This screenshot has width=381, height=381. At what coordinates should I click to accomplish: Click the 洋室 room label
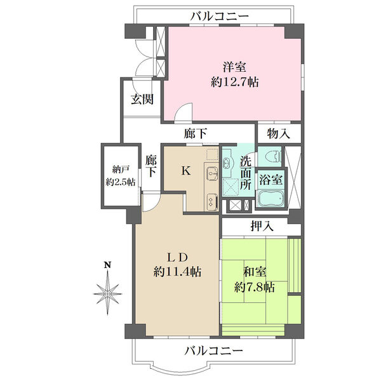pos(234,67)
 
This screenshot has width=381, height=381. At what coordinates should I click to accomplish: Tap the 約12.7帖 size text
pos(234,83)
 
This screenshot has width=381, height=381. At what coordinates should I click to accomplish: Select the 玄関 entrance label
pos(142,100)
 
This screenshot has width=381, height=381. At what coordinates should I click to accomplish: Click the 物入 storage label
pos(279,133)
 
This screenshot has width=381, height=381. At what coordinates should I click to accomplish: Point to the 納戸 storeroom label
pos(121,170)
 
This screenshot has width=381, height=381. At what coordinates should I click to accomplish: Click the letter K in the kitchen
pos(186,171)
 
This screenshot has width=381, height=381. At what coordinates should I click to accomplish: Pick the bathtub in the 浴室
pos(271,199)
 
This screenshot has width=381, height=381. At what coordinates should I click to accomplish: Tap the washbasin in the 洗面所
pos(227,163)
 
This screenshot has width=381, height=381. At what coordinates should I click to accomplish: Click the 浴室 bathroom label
pos(271,180)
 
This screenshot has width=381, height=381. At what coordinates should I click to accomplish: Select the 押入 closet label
pos(262,226)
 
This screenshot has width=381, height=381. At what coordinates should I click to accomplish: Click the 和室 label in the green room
pos(255,272)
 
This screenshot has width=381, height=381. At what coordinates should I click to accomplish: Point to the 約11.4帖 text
pos(177,272)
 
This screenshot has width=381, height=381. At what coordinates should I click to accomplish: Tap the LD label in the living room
pos(177,257)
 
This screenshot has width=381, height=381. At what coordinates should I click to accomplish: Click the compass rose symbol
pos(107,293)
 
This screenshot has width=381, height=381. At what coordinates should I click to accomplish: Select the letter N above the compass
pos(107,265)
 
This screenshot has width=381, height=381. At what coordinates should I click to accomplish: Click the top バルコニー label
pos(220,17)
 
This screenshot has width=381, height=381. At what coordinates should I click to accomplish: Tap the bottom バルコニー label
pos(214,351)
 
